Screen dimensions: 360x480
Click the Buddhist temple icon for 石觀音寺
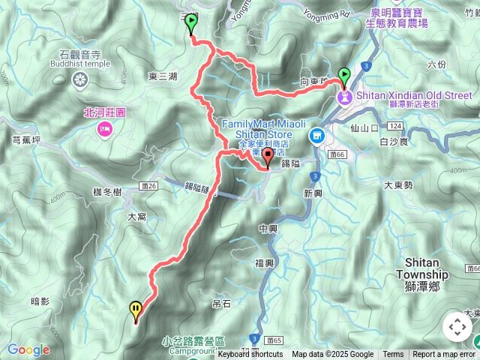pos(80,80)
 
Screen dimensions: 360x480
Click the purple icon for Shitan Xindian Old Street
pos(344,96)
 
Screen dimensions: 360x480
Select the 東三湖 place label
pos(163,76)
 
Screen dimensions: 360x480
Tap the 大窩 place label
pos(137,216)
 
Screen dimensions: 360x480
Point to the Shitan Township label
pos(426,268)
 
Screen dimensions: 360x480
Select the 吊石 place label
pos(221,304)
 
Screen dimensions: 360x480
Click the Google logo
pos(28,349)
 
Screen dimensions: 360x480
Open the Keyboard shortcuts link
pos(251,355)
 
